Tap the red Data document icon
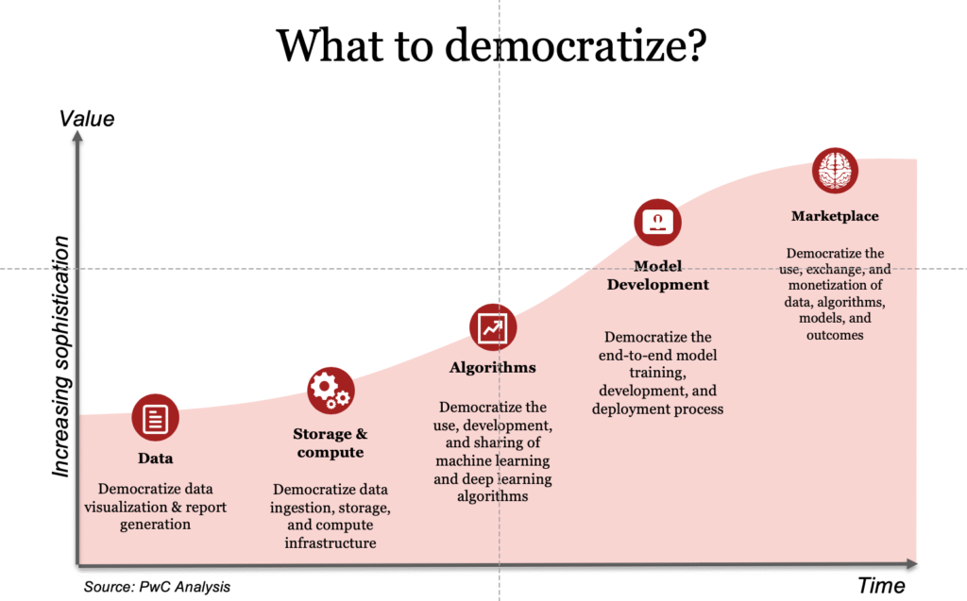pyautogui.click(x=156, y=418)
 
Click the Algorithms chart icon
pyautogui.click(x=493, y=327)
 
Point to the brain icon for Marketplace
pyautogui.click(x=835, y=172)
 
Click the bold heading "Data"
pyautogui.click(x=155, y=459)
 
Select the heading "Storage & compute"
pyautogui.click(x=330, y=443)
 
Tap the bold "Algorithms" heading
pyautogui.click(x=493, y=368)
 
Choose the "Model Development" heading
pyautogui.click(x=657, y=275)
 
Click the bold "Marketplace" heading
pyautogui.click(x=835, y=216)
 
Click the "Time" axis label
pyautogui.click(x=881, y=586)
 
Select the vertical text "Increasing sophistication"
pyautogui.click(x=61, y=357)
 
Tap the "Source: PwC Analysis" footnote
pyautogui.click(x=157, y=587)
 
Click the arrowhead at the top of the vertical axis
pyautogui.click(x=77, y=137)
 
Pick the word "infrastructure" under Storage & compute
pyautogui.click(x=331, y=543)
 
